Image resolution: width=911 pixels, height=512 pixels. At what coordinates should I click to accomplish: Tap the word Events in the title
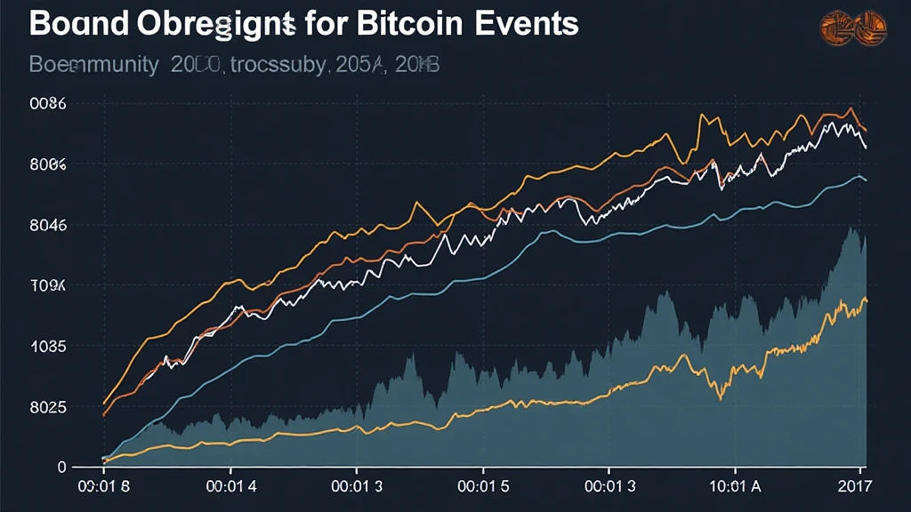click(x=529, y=24)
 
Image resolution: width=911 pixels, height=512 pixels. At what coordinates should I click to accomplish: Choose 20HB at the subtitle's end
click(x=415, y=66)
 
